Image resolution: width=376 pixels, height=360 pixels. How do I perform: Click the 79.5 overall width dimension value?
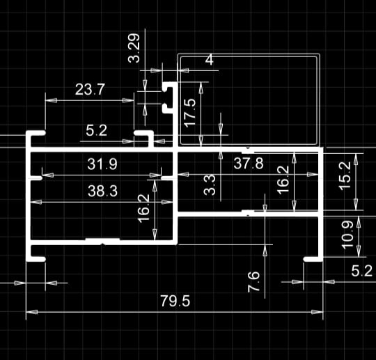(175, 301)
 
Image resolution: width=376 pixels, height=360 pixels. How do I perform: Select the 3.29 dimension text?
(134, 48)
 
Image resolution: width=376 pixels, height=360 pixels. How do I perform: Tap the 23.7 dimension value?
(90, 89)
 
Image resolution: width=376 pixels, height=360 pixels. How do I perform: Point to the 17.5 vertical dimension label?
(190, 113)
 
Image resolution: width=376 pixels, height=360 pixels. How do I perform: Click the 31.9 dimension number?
(102, 164)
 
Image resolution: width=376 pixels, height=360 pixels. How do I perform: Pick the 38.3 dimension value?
(102, 191)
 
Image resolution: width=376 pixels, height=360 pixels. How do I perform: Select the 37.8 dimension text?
(249, 164)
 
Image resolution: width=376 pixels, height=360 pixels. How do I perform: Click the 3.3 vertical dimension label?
(210, 185)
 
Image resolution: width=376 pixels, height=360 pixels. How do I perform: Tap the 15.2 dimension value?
(345, 175)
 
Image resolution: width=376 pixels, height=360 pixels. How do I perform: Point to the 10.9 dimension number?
(347, 235)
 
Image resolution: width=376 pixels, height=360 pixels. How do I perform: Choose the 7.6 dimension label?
(253, 282)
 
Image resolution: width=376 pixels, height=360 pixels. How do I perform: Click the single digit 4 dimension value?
(210, 59)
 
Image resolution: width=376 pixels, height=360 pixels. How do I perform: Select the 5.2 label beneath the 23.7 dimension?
(96, 131)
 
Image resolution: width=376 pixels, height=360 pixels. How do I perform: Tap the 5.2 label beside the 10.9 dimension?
(362, 272)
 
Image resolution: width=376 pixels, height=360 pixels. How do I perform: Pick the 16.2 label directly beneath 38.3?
(144, 208)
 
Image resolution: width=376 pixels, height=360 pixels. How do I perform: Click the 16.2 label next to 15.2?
(283, 180)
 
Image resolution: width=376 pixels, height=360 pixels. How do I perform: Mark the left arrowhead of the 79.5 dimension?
(31, 312)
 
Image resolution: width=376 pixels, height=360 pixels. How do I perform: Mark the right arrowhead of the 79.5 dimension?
(317, 312)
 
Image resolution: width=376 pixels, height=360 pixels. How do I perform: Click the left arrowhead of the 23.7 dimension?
(51, 100)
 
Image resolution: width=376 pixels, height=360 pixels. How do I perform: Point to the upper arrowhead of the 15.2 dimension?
(356, 159)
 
